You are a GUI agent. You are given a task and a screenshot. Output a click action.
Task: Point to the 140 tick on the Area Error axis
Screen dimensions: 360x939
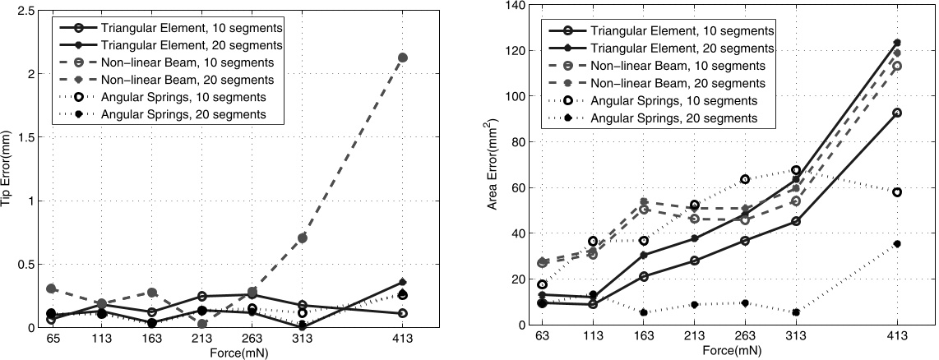tap(516, 7)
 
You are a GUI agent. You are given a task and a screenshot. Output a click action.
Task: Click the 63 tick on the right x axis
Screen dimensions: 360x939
tap(542, 337)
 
